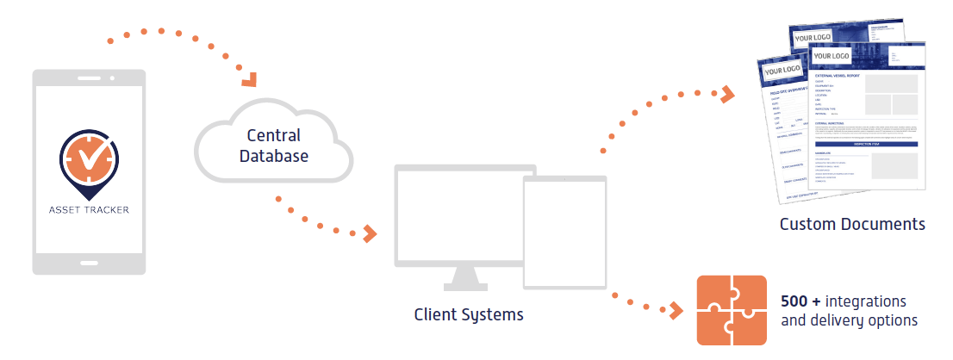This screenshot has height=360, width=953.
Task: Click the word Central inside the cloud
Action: [273, 135]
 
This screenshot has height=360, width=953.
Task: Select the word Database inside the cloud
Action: [273, 156]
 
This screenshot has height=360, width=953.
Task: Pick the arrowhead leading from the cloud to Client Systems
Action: [371, 233]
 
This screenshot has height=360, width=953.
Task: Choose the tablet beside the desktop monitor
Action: [564, 233]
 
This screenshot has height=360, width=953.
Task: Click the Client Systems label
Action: [468, 314]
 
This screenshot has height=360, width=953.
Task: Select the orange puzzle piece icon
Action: [731, 309]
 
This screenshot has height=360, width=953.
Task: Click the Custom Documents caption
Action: [852, 225]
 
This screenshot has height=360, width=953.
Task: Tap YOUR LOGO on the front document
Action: [832, 56]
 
